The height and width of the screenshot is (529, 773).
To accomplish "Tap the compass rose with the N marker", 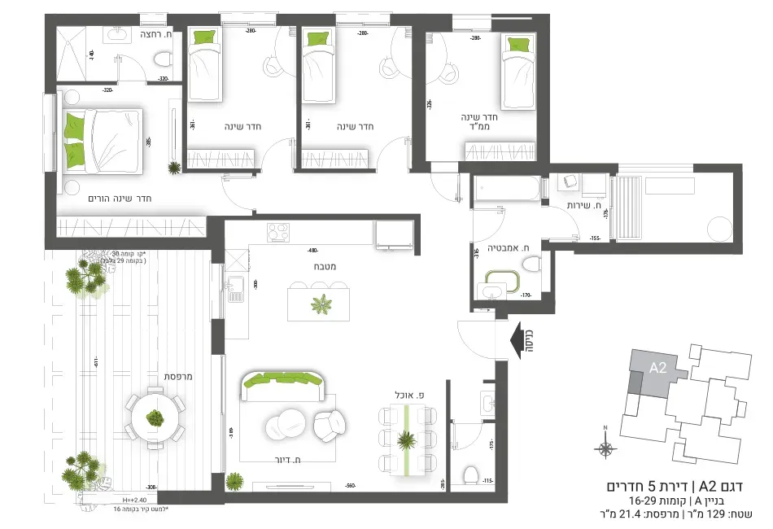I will pos(605,447).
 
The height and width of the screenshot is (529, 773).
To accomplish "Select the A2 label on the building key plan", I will pos(657,368).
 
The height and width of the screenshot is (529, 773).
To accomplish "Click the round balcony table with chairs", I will pos(154,418).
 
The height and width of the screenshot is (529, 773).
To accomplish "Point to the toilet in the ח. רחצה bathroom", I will pos(162,59).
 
